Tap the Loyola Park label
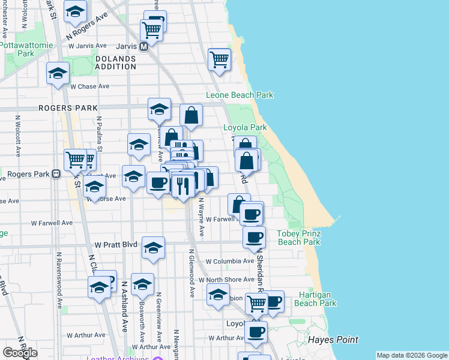tap(245, 128)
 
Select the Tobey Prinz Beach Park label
tap(298, 238)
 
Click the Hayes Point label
tap(333, 340)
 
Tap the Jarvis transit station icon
tap(144, 46)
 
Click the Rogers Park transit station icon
tap(56, 175)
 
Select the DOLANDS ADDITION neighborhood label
tap(115, 62)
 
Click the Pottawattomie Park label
tap(16, 49)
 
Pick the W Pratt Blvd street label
tap(116, 245)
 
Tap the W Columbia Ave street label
tap(230, 262)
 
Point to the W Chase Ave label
tap(90, 86)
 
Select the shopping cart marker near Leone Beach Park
tap(220, 59)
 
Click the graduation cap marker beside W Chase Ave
tap(58, 74)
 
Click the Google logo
tap(20, 352)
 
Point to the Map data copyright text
tap(411, 355)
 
